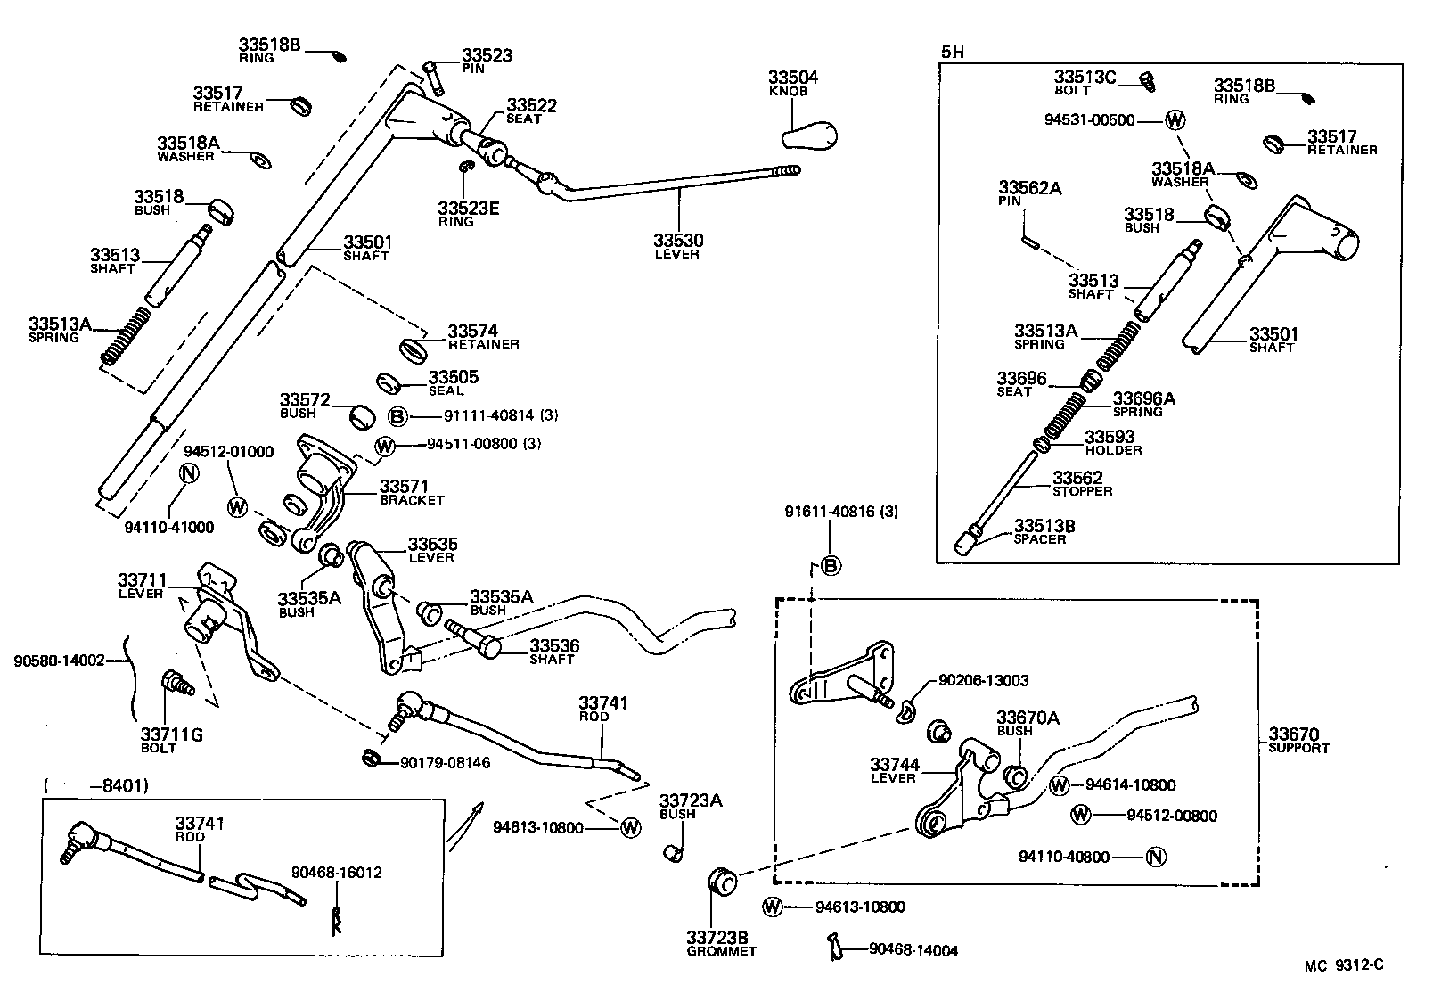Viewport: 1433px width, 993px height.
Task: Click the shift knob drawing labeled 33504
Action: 809,135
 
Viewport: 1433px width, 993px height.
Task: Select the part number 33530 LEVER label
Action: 677,246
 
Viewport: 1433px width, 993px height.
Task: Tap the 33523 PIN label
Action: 487,60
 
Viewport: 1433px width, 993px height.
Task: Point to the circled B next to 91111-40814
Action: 397,416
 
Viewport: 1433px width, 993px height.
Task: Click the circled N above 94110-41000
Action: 188,473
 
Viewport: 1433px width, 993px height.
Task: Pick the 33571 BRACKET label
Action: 411,492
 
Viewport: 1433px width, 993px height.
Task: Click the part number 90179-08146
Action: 445,762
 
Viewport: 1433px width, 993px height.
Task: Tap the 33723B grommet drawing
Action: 720,881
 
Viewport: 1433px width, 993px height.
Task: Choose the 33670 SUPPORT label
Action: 1298,740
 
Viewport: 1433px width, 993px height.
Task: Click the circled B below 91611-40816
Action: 830,565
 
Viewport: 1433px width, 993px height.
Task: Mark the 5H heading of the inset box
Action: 953,52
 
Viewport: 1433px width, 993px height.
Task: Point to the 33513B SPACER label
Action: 1044,532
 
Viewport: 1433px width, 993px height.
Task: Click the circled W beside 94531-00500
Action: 1175,120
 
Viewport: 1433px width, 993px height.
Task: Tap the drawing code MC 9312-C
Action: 1344,964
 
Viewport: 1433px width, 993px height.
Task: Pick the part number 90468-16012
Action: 337,873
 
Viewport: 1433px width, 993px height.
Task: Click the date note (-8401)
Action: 95,785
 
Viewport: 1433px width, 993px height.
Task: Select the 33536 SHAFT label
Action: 554,652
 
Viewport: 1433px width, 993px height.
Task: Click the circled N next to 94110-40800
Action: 1155,858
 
